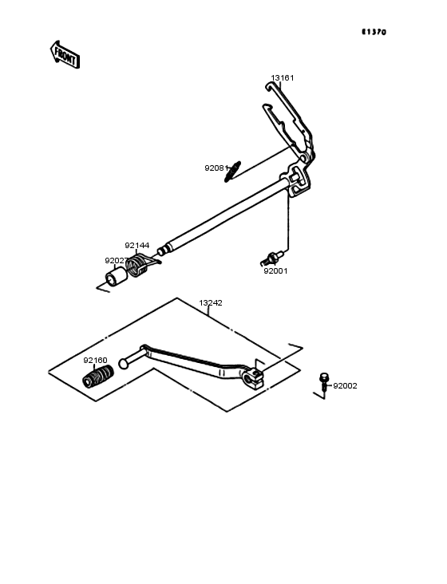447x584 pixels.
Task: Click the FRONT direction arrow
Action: click(65, 55)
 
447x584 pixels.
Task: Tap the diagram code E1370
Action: click(374, 32)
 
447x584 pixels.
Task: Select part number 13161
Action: click(283, 78)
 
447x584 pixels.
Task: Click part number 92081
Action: click(216, 168)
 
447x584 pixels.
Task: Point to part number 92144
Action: click(137, 246)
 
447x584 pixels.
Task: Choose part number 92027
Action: click(117, 261)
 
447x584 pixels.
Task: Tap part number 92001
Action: click(275, 271)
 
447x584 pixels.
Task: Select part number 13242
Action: click(211, 303)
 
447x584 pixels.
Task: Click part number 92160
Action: click(95, 360)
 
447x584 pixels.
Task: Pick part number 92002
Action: click(345, 386)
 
